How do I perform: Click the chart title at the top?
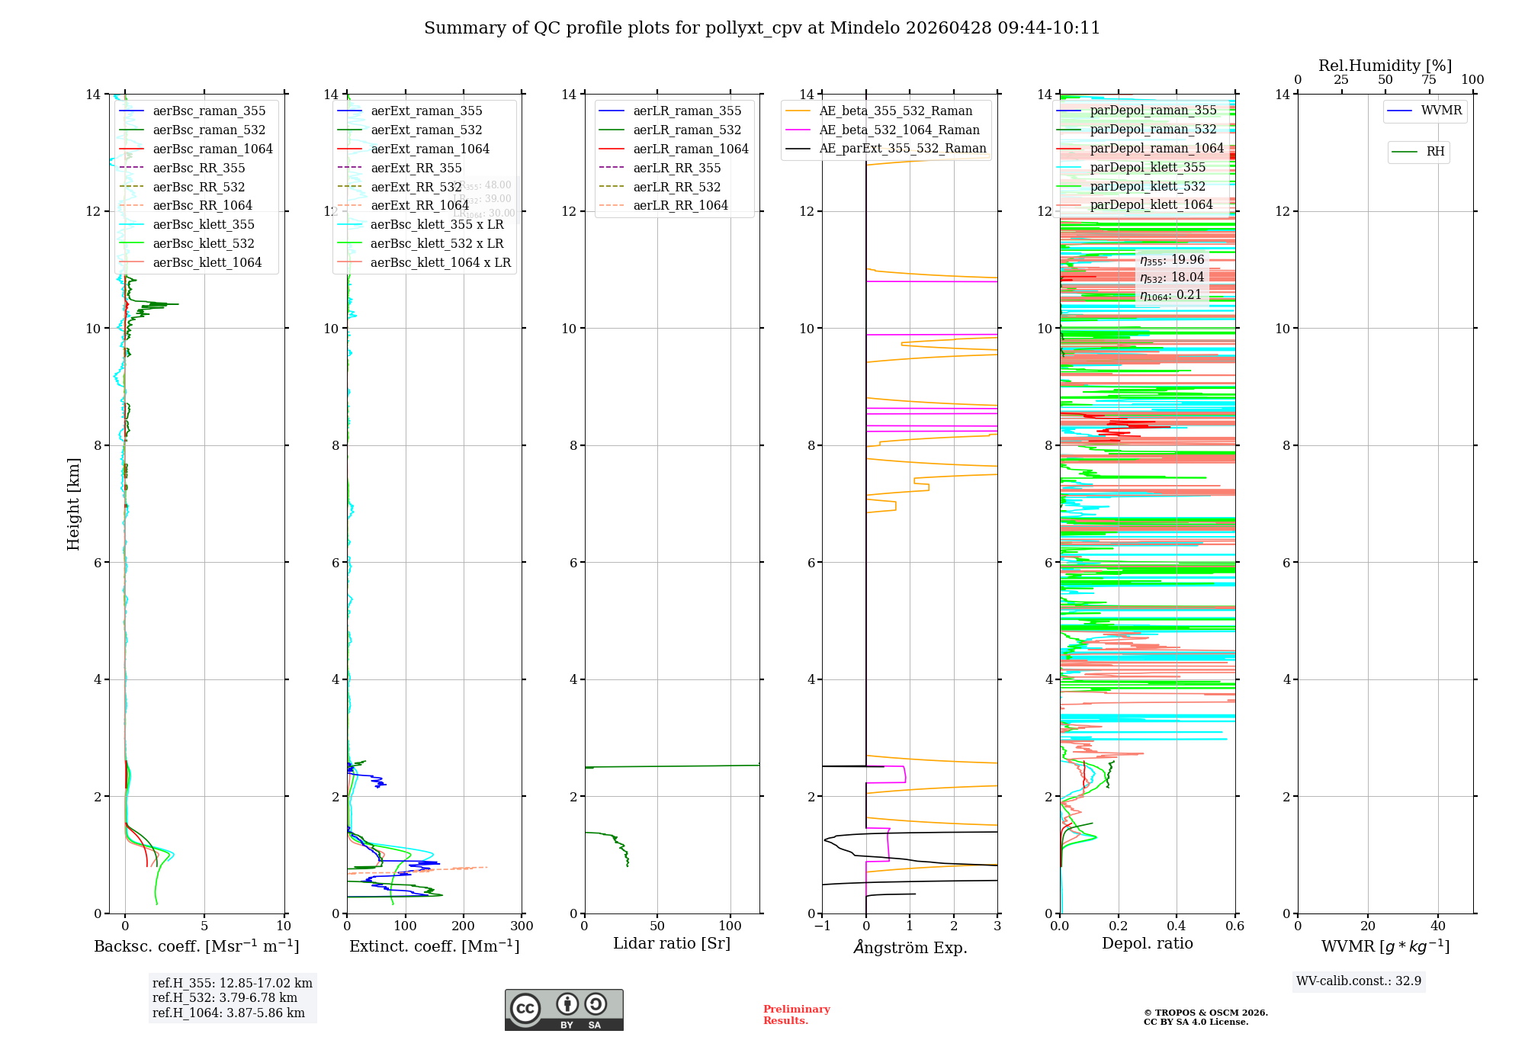point(762,28)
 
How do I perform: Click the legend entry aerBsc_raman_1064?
point(212,149)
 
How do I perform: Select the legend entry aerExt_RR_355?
point(416,168)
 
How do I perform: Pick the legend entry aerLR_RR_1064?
point(680,205)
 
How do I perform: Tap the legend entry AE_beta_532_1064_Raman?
point(899,130)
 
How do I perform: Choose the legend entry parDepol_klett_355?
point(1148,167)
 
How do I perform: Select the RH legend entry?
point(1435,152)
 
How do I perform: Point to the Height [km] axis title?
point(73,503)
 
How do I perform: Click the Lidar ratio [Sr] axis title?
point(672,944)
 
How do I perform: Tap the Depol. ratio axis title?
point(1147,944)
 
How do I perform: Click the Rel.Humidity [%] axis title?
point(1385,66)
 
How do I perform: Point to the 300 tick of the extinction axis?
point(522,926)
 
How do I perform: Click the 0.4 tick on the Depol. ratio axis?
point(1177,926)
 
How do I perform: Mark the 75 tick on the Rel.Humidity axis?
point(1428,80)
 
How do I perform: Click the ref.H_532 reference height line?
point(224,998)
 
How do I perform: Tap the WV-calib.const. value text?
point(1359,981)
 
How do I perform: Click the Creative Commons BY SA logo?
point(563,1010)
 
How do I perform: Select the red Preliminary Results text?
point(796,1015)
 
